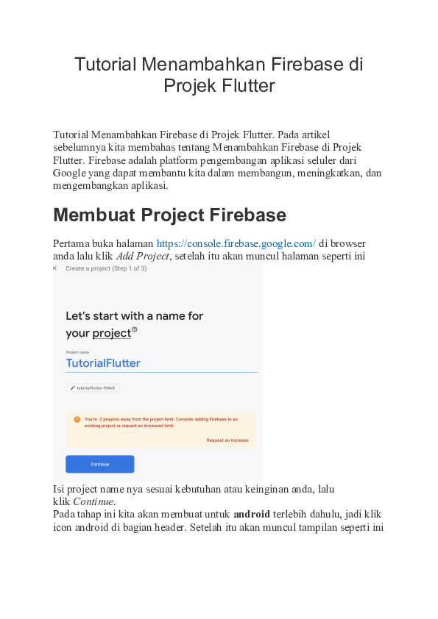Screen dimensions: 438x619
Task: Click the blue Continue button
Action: tap(99, 464)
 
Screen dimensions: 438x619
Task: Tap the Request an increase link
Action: tap(227, 440)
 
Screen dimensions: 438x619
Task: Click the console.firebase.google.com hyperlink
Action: tap(236, 243)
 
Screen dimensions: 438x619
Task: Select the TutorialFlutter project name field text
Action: tap(103, 363)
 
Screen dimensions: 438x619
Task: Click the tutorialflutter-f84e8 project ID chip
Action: tap(92, 387)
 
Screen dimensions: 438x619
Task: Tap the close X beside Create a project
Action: tap(54, 268)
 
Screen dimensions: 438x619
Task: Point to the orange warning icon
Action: tap(77, 420)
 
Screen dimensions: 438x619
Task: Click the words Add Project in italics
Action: tap(141, 257)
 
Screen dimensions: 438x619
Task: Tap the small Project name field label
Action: tap(77, 352)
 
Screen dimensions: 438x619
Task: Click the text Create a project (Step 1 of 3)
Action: tap(106, 268)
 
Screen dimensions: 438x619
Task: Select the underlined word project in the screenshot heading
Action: tap(111, 333)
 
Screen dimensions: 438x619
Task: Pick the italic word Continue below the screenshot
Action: tap(93, 501)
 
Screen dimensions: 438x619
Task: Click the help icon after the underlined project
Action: tap(134, 330)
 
